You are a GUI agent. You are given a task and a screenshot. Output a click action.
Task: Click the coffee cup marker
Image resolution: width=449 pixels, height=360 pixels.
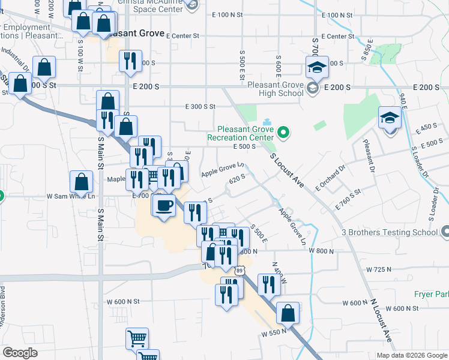click(x=163, y=206)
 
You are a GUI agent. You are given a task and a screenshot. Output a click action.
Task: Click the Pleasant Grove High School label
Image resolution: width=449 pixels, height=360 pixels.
click(x=276, y=89)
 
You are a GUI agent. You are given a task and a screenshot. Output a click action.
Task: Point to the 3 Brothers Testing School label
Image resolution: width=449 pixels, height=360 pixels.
click(x=390, y=232)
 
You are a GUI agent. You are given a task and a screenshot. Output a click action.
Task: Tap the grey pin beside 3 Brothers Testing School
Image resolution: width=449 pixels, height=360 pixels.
click(x=444, y=232)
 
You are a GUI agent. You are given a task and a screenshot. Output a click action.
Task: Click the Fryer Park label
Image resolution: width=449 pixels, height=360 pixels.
click(x=431, y=294)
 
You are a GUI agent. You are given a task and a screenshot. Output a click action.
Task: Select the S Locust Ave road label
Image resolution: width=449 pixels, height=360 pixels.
click(x=286, y=172)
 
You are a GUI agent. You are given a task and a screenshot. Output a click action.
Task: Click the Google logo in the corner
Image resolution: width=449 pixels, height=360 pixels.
click(x=20, y=353)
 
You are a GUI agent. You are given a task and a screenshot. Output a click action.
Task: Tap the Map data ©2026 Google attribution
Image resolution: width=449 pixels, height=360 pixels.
click(x=412, y=355)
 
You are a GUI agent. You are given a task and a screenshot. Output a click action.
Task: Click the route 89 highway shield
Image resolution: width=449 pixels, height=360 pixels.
click(x=240, y=271)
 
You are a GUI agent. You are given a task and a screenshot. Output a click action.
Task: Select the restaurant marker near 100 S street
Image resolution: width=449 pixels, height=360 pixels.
click(x=130, y=61)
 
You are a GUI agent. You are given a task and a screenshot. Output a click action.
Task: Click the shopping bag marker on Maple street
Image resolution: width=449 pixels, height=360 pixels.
click(x=81, y=181)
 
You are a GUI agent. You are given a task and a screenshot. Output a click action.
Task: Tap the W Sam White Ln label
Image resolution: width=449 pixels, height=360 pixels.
click(x=71, y=196)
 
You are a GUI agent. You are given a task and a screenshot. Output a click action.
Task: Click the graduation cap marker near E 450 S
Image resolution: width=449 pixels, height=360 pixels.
click(x=389, y=118)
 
